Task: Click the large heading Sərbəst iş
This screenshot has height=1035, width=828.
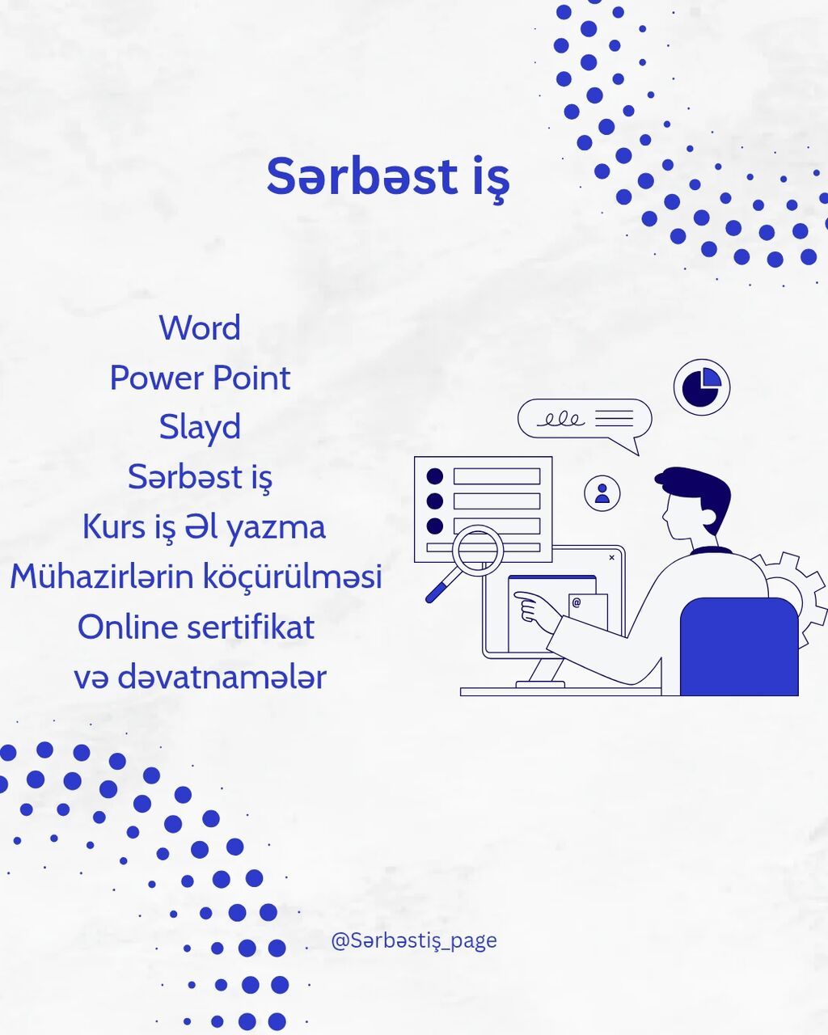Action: click(388, 179)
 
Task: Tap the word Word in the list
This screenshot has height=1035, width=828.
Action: click(200, 328)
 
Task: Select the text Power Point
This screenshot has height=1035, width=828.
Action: click(200, 378)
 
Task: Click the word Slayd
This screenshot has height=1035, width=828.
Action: click(200, 428)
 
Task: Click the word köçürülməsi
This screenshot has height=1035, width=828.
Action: click(293, 577)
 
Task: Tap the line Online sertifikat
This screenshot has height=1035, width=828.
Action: click(196, 627)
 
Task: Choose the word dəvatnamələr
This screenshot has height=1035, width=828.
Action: click(222, 677)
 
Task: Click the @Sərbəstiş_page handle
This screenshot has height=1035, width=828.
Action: click(414, 940)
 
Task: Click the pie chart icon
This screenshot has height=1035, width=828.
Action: click(702, 387)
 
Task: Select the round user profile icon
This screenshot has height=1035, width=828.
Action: click(602, 493)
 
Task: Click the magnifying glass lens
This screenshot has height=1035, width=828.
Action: click(478, 550)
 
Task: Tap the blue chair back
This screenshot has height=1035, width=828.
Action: click(739, 646)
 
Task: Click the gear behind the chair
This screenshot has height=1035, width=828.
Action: click(794, 597)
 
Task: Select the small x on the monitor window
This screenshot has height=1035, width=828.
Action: click(611, 557)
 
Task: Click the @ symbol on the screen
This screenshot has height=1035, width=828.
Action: click(577, 602)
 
